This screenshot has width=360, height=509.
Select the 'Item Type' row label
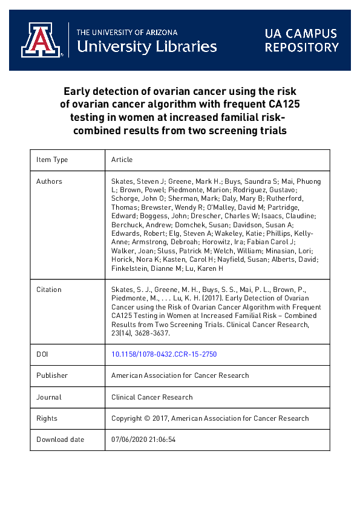tap(52, 160)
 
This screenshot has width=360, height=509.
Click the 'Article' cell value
tap(122, 160)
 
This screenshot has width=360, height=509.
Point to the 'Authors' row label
tap(49, 181)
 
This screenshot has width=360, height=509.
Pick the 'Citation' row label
tap(49, 290)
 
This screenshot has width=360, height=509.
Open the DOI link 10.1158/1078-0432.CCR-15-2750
tap(164, 354)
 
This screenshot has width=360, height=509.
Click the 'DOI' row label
tap(43, 354)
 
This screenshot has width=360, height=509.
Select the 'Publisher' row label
tap(52, 375)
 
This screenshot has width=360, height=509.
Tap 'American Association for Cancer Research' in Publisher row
tap(180, 375)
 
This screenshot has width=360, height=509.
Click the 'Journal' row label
tap(49, 397)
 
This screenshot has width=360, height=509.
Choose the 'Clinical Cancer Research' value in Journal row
tap(152, 397)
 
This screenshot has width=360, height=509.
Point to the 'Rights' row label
tap(47, 418)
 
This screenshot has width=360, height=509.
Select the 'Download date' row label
tap(61, 439)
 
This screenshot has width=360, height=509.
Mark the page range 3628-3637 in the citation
tap(155, 332)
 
